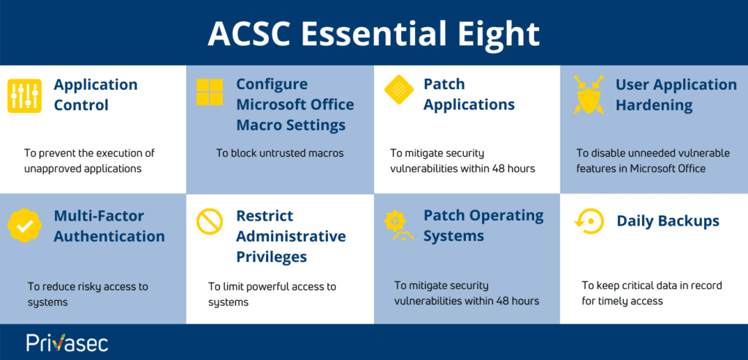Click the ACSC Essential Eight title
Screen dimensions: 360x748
click(373, 33)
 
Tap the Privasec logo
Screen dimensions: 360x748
click(67, 342)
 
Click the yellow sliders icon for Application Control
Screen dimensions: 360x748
click(24, 96)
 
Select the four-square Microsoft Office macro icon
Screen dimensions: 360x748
click(210, 93)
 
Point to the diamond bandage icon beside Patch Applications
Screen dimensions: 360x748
click(398, 91)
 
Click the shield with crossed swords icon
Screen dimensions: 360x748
click(588, 96)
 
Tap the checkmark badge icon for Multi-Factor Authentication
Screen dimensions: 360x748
click(25, 226)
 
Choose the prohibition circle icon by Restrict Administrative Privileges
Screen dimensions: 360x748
click(210, 221)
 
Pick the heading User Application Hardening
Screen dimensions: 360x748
click(676, 95)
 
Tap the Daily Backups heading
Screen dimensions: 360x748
click(668, 221)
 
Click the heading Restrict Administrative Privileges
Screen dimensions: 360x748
click(291, 237)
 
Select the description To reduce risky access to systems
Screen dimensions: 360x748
click(87, 294)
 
